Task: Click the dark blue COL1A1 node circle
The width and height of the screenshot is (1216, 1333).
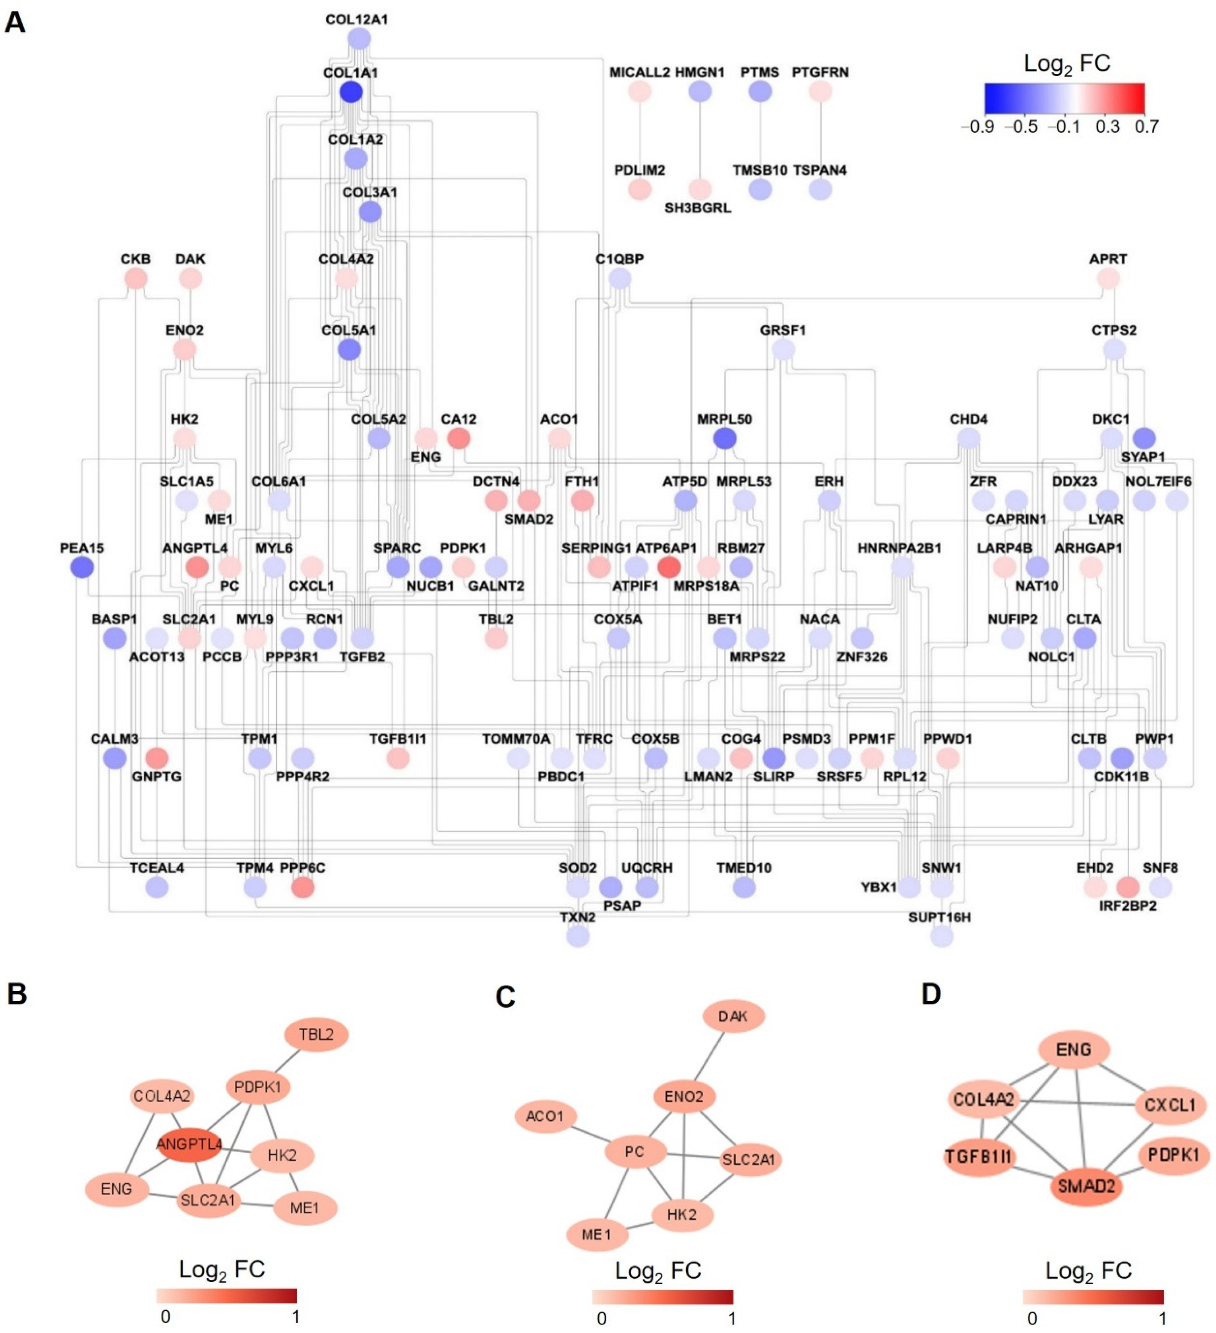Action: [x=351, y=92]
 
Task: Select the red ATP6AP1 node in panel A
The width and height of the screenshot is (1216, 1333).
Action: [x=669, y=567]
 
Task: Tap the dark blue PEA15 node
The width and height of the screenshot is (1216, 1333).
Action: [x=82, y=567]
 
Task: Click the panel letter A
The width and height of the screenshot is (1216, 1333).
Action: [x=15, y=23]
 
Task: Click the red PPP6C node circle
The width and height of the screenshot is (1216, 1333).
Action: [x=303, y=887]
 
